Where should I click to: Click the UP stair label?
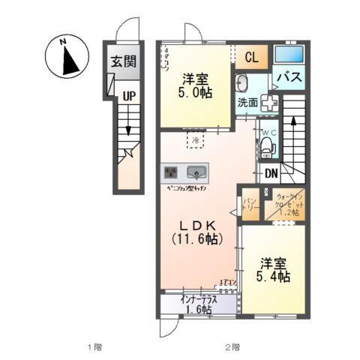tap(129, 95)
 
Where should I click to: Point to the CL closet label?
tap(252, 56)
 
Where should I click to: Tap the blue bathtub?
tap(288, 55)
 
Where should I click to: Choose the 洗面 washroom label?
tap(247, 101)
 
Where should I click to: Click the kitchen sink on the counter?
tap(196, 170)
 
